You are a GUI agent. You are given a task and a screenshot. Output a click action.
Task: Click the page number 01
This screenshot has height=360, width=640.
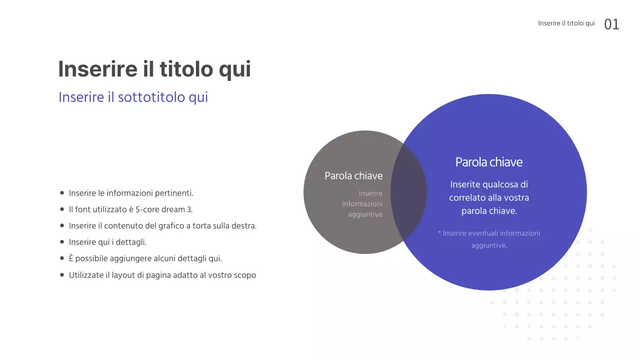pos(611,24)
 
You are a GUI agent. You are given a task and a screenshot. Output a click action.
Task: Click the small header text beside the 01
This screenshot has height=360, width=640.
pos(566,23)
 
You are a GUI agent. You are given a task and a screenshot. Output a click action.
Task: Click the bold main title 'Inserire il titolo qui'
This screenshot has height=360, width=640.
pos(154,69)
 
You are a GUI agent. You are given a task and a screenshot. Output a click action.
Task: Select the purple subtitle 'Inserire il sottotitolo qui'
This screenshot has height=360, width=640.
pos(133,97)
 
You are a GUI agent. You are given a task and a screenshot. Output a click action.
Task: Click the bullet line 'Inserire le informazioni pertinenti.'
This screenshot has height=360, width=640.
pos(131,193)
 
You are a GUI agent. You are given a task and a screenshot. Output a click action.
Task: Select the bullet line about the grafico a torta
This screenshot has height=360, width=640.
pos(162,226)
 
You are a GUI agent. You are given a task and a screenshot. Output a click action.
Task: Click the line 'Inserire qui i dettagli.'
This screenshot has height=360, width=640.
pos(107,242)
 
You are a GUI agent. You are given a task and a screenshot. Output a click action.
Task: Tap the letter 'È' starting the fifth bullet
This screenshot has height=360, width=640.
pos(71,258)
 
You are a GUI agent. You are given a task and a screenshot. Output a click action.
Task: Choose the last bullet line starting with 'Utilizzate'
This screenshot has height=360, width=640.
pos(162,275)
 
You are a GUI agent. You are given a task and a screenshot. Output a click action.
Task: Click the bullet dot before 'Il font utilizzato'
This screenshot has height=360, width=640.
pos(62,209)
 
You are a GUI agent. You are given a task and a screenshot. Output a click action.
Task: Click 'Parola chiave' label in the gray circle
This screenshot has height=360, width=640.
pos(353,176)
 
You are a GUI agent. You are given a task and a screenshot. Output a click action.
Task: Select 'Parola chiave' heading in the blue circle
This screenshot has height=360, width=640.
pos(488,162)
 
